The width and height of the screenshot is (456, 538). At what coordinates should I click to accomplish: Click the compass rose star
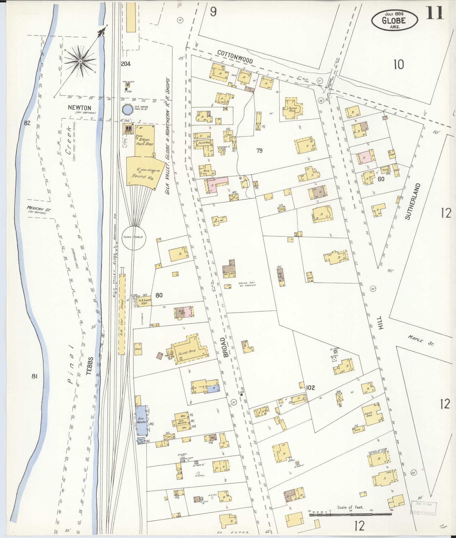tap(80, 61)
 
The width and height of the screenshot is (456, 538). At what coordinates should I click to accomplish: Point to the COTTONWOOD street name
tap(235, 57)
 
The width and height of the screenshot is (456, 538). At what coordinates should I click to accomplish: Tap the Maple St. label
tap(420, 340)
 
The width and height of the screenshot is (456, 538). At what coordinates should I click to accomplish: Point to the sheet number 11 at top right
tap(435, 13)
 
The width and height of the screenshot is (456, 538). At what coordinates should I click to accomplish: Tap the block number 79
tap(259, 151)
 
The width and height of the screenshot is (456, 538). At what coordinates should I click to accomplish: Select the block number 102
tap(311, 388)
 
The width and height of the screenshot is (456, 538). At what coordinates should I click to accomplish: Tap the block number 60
tap(381, 179)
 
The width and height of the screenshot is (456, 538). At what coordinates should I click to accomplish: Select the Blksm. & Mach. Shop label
tap(143, 142)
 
